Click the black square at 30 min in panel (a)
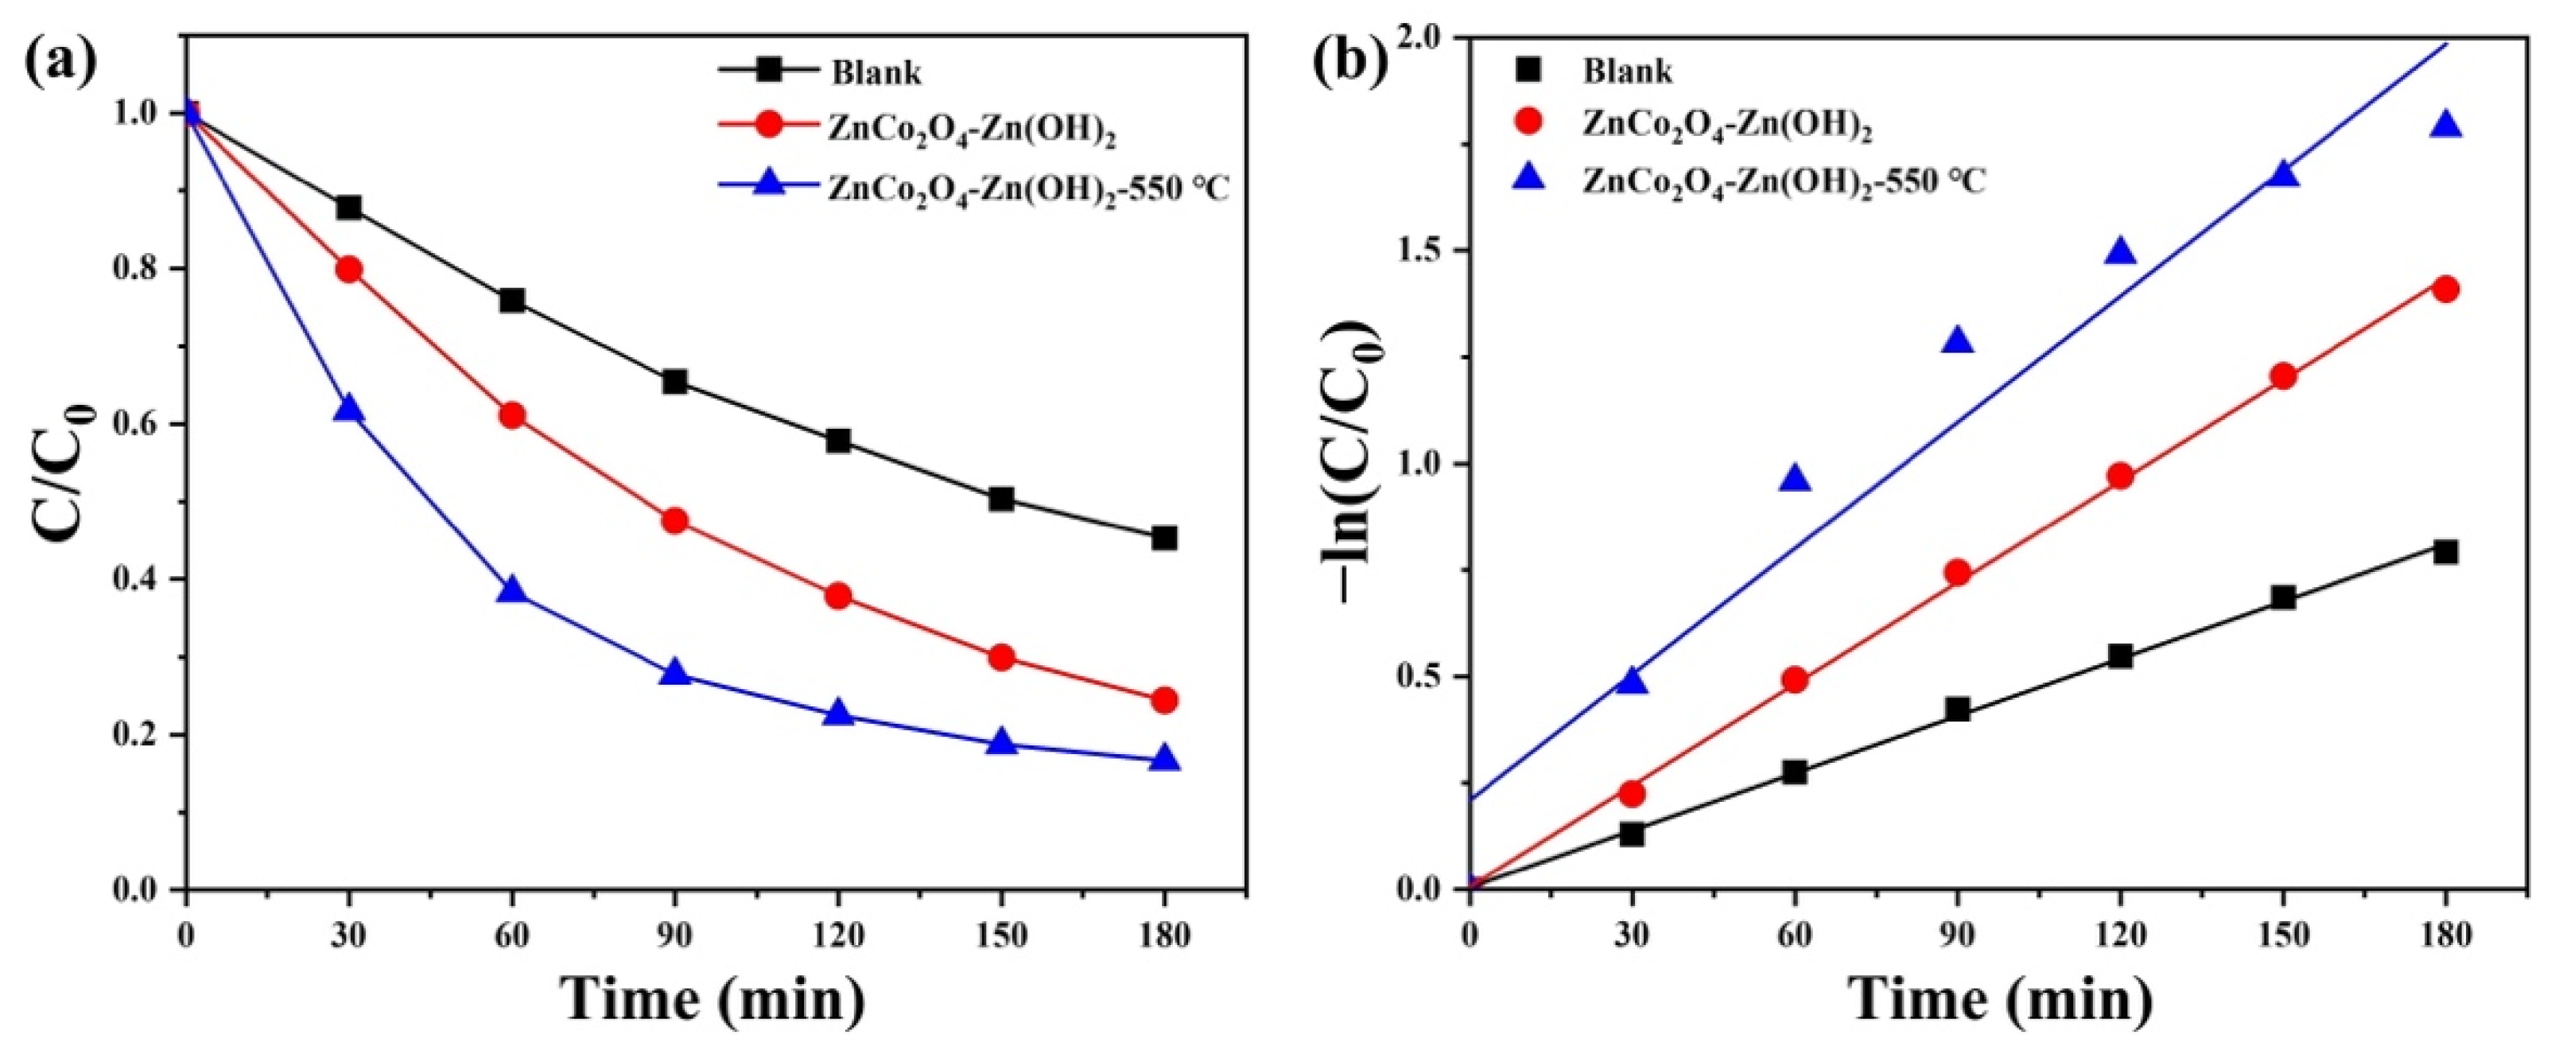(x=348, y=208)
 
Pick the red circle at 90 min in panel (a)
(x=674, y=521)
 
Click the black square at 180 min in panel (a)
(x=1165, y=539)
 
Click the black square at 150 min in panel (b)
(x=2284, y=597)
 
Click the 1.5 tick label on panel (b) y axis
(x=1421, y=251)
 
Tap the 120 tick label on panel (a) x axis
(x=838, y=936)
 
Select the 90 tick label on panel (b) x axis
(x=1958, y=936)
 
